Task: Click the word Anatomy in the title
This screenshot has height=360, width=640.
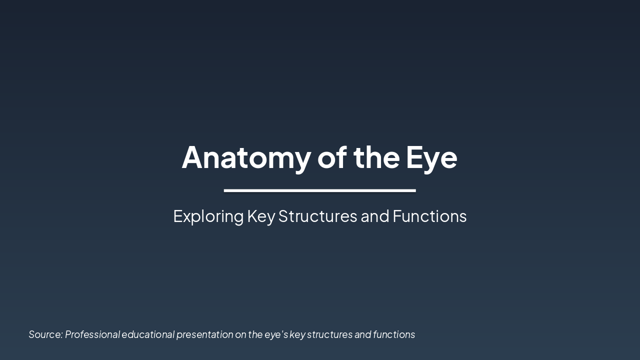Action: click(x=246, y=157)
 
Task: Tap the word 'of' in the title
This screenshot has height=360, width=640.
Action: click(x=332, y=157)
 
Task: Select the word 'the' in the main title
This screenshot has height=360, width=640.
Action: click(x=376, y=157)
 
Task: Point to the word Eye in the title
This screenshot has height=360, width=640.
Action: click(x=431, y=158)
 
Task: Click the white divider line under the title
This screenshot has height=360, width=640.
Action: click(x=320, y=190)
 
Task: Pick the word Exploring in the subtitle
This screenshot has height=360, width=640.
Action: click(x=208, y=216)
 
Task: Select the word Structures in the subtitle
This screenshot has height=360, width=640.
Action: click(x=317, y=216)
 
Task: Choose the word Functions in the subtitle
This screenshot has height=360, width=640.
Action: click(x=429, y=216)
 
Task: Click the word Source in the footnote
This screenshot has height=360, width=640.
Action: click(x=45, y=334)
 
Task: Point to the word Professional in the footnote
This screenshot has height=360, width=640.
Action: click(x=92, y=334)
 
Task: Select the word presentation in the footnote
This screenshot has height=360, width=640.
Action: click(x=204, y=334)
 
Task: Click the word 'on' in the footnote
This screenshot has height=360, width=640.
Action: click(x=240, y=334)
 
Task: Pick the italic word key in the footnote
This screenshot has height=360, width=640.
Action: click(x=297, y=334)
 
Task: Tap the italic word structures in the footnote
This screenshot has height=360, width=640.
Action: click(x=329, y=334)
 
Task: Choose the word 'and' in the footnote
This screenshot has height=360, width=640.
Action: click(x=362, y=334)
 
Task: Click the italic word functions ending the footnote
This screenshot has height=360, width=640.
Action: click(x=394, y=334)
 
